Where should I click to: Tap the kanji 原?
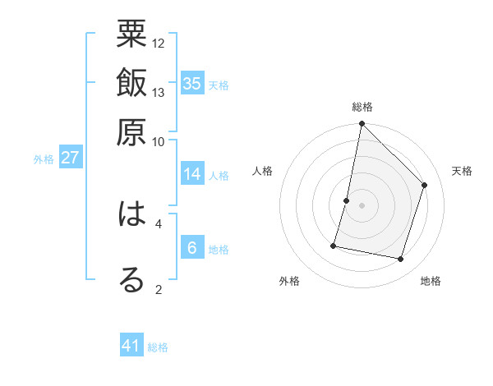pos(132,131)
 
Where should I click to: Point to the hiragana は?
pos(132,214)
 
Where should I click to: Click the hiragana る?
pos(132,280)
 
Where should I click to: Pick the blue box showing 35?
pos(191,84)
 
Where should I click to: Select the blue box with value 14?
pos(191,174)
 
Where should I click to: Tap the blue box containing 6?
pos(191,248)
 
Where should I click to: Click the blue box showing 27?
pos(70,158)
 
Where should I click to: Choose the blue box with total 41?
pos(131,346)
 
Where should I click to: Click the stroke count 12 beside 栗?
pos(159,43)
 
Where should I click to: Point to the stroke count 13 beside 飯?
pos(159,92)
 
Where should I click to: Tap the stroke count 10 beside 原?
pos(159,141)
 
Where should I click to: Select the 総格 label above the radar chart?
pos(362,108)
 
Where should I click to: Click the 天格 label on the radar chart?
pos(462,171)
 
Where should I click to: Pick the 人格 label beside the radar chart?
pos(263,171)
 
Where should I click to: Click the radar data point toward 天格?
pos(425,185)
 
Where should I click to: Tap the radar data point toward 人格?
pos(347,200)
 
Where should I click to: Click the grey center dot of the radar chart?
pos(362,205)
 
